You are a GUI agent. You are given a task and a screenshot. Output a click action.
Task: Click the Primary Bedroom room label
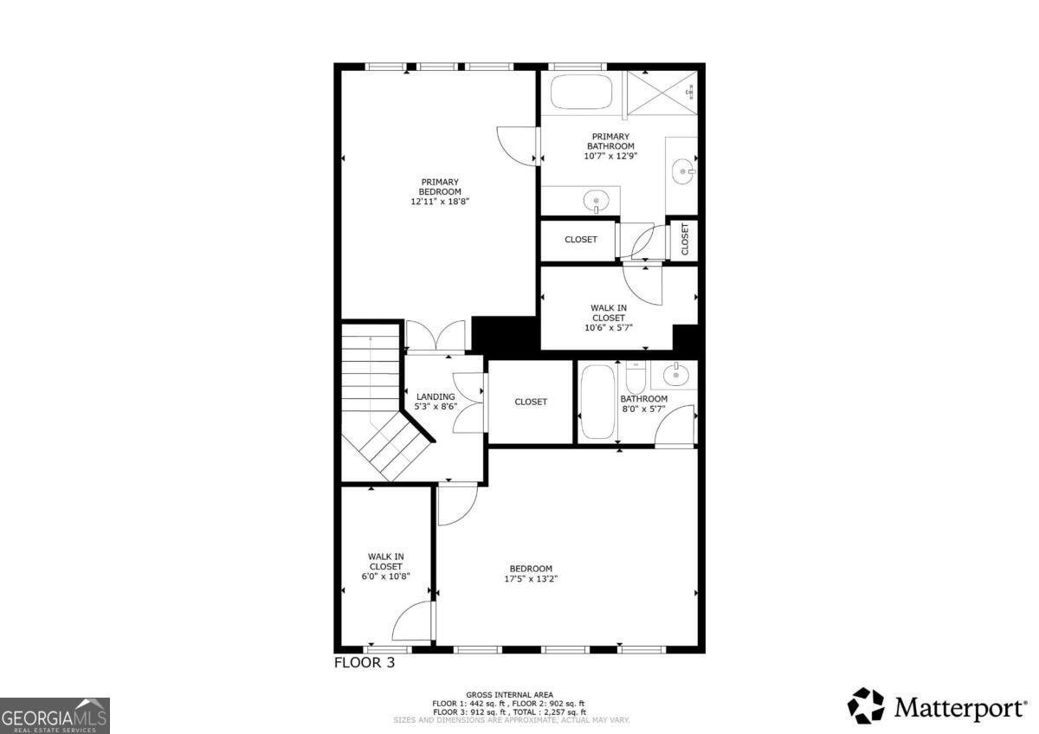440,186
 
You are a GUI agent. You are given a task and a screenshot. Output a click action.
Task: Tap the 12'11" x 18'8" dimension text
440,202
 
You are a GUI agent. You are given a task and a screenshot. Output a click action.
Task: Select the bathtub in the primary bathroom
581,92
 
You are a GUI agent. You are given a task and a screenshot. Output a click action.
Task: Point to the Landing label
436,396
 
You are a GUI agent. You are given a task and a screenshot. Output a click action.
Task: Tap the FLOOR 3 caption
365,664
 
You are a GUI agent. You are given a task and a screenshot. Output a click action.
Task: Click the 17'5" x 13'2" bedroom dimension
531,579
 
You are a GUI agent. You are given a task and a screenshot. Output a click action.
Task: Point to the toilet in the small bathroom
636,378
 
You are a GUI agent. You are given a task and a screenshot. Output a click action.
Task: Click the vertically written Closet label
684,240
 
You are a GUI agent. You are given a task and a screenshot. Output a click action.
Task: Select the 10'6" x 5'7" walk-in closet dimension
609,328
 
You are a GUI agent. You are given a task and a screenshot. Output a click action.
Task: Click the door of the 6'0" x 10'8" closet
414,621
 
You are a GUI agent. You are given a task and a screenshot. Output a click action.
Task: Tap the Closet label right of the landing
531,402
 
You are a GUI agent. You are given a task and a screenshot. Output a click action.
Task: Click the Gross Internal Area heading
510,694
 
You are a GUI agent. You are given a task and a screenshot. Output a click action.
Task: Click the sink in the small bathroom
674,376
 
